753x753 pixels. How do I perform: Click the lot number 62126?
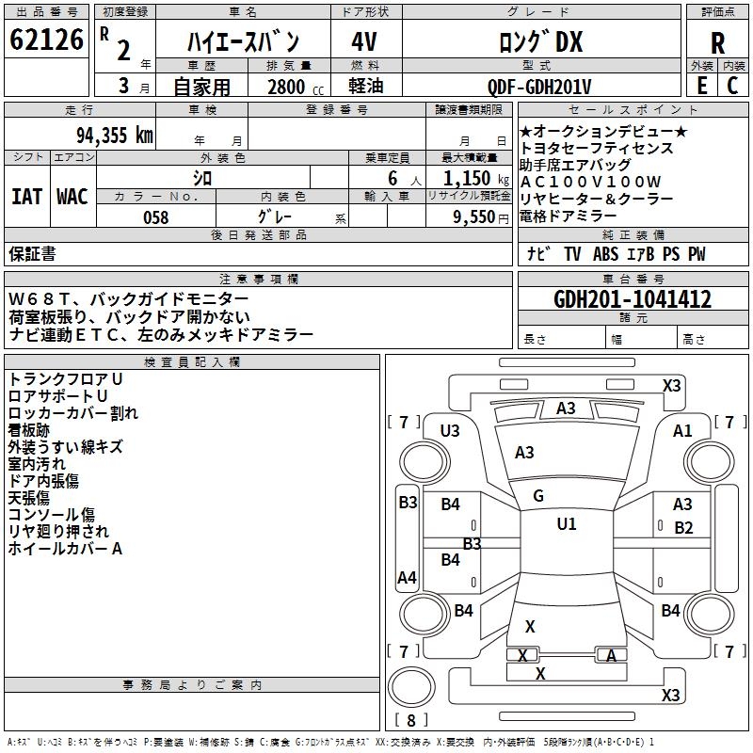tap(46, 40)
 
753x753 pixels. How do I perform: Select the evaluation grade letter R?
tap(717, 42)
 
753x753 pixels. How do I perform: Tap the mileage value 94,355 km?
tap(114, 135)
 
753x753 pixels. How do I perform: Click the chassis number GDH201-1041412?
tap(633, 299)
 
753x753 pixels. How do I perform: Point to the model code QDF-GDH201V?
tap(539, 87)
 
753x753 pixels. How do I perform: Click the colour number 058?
tap(155, 216)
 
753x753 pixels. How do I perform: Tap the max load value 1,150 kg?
tap(468, 178)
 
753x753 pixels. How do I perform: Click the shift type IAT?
tap(26, 196)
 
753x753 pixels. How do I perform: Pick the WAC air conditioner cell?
tap(72, 196)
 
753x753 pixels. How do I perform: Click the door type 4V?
tap(364, 42)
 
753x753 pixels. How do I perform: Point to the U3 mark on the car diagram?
tap(450, 431)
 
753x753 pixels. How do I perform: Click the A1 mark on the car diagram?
tap(683, 431)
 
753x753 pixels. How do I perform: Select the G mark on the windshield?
tap(538, 496)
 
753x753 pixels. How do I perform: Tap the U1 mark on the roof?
tap(566, 524)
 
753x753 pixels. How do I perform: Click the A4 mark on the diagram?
tap(408, 577)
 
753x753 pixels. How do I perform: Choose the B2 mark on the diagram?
tap(683, 528)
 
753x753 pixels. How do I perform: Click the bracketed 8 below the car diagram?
tap(411, 720)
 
